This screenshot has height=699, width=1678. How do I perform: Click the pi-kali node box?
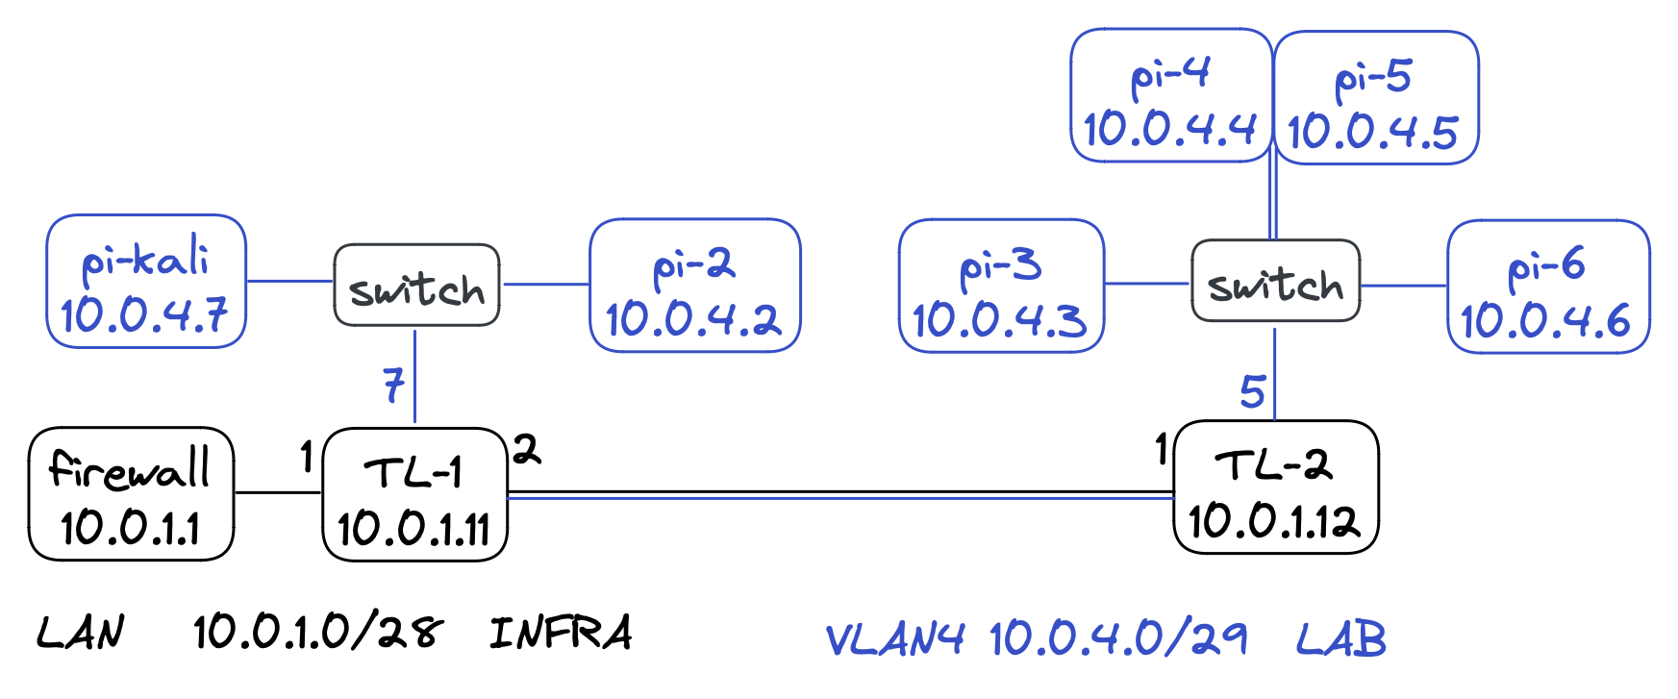[x=146, y=281]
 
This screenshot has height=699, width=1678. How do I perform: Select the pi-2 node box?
[x=694, y=286]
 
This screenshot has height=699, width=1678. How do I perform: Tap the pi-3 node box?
[x=1000, y=286]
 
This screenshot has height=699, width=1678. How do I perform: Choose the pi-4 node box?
[x=1170, y=95]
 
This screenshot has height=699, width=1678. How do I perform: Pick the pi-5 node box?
[x=1375, y=97]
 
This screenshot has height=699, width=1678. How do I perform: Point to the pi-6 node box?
[x=1547, y=287]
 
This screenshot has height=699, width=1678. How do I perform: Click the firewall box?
[x=131, y=493]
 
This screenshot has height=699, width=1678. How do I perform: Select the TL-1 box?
[x=414, y=494]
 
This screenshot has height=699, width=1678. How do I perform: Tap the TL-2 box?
[x=1276, y=487]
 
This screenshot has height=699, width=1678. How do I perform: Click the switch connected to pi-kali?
[x=416, y=286]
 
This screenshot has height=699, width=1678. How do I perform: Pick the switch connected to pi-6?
[x=1275, y=281]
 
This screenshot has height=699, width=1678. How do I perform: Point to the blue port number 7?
[x=393, y=386]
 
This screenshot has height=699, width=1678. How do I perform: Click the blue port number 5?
[x=1252, y=391]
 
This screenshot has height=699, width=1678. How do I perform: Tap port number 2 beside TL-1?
[x=526, y=449]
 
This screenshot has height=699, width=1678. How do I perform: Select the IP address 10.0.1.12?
[x=1275, y=521]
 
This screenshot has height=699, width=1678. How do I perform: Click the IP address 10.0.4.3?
[x=1000, y=320]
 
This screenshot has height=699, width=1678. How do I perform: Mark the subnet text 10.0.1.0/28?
[x=317, y=633]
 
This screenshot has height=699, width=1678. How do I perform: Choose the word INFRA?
[x=561, y=633]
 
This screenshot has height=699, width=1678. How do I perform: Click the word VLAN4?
[x=894, y=638]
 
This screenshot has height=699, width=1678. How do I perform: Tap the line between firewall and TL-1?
[x=278, y=493]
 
